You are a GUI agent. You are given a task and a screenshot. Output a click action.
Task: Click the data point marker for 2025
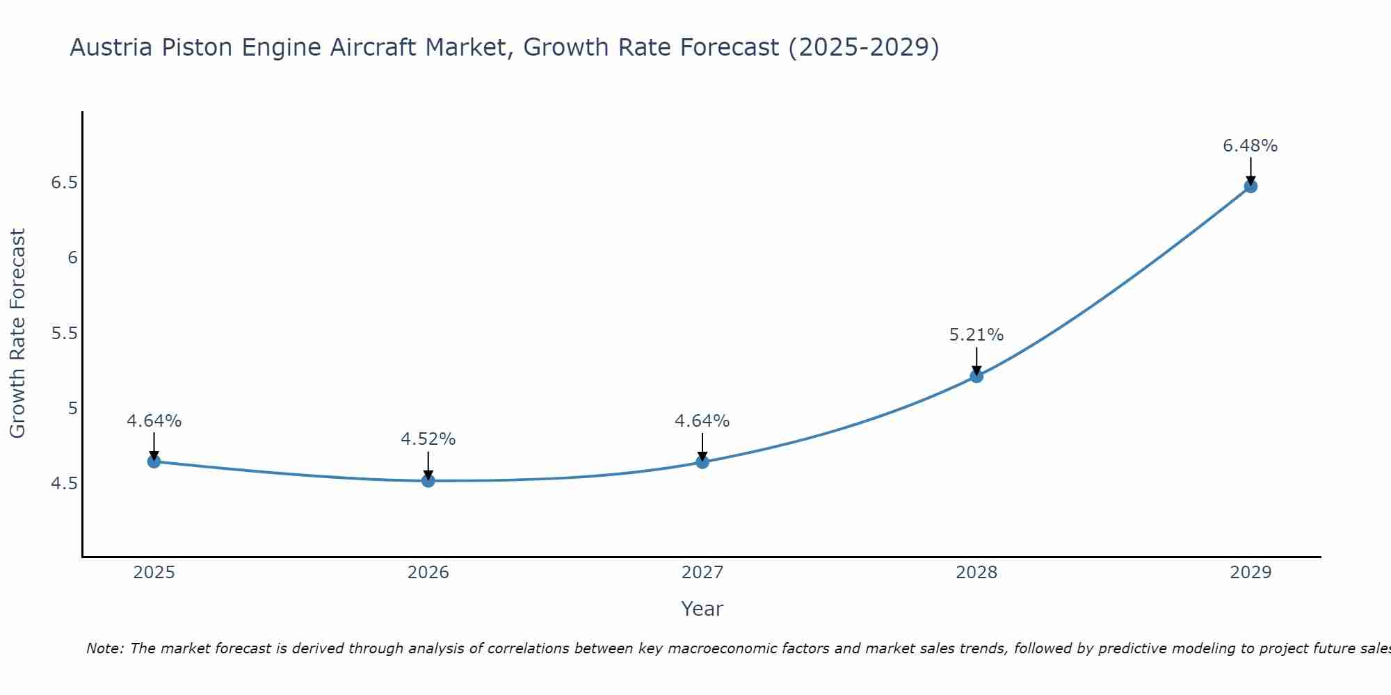tap(154, 461)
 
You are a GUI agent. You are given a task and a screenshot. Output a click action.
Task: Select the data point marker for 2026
tap(428, 480)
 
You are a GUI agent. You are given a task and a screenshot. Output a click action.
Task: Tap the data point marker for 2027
tap(702, 461)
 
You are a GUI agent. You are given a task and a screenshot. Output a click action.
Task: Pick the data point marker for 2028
tap(976, 376)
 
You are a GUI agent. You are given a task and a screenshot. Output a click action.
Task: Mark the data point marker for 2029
tap(1251, 186)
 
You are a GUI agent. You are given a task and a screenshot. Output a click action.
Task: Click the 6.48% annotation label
tap(1250, 146)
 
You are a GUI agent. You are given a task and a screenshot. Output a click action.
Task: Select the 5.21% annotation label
tap(976, 335)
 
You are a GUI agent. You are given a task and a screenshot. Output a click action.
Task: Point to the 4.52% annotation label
tap(428, 439)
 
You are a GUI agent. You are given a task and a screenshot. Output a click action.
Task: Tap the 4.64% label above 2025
tap(154, 421)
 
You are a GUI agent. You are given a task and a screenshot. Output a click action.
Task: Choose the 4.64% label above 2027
tap(702, 421)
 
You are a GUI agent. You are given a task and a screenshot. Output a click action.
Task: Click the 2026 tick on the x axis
tap(428, 573)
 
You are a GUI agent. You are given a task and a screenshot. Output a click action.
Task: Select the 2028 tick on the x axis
tap(976, 573)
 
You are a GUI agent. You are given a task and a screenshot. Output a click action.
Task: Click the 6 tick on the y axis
tap(72, 258)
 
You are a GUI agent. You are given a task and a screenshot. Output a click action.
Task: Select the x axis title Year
tap(702, 609)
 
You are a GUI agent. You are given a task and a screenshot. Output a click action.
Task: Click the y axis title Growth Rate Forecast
tap(18, 333)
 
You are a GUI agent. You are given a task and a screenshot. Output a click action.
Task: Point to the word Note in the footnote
tap(104, 648)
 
